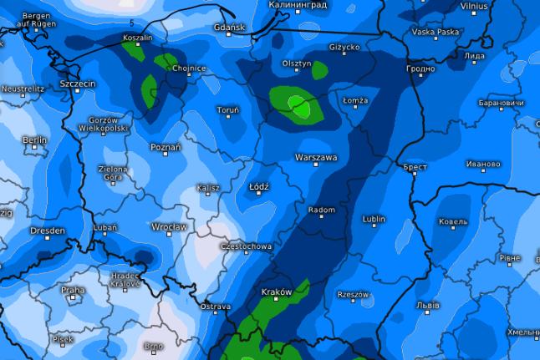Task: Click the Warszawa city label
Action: click(x=316, y=156)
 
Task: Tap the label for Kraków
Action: click(x=277, y=292)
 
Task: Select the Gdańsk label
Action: click(x=229, y=28)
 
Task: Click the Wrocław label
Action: click(x=169, y=226)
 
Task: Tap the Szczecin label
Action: click(x=78, y=84)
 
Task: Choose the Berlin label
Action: click(x=35, y=139)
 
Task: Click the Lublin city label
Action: click(x=374, y=220)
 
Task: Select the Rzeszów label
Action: click(x=353, y=294)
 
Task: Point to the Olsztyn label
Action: click(x=297, y=63)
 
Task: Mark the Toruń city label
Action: click(x=228, y=109)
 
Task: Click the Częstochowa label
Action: click(x=246, y=246)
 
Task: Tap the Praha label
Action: click(x=73, y=291)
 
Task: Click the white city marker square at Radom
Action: click(x=321, y=220)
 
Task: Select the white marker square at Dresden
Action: click(x=47, y=239)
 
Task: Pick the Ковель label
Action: click(x=453, y=221)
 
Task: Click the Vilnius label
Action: click(x=474, y=6)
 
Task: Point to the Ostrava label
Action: click(x=215, y=307)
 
